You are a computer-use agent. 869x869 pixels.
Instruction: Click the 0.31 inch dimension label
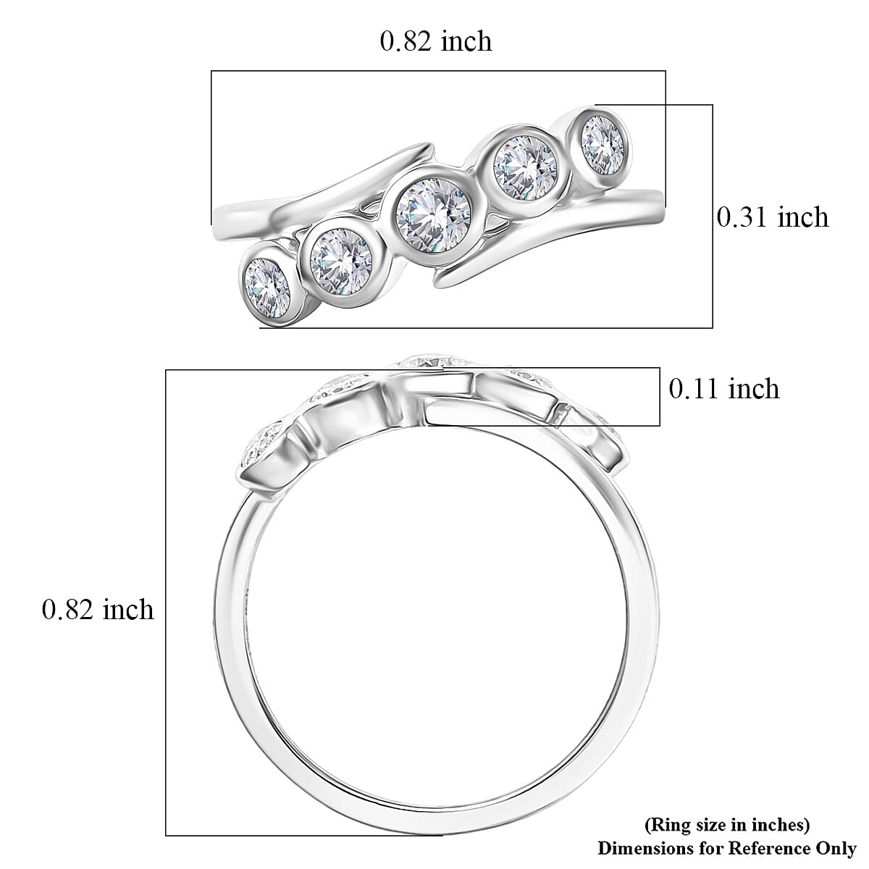772,217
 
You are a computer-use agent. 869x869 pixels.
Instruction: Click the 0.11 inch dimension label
723,389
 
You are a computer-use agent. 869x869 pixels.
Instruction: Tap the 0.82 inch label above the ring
436,41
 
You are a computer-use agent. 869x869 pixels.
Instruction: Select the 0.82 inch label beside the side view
98,610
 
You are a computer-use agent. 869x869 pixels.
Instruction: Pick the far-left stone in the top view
267,286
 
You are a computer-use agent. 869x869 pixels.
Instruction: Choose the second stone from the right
525,168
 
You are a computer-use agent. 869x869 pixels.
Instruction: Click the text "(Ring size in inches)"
726,824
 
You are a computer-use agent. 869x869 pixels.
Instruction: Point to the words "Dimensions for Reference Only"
726,847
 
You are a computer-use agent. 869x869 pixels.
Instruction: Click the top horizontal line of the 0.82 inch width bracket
438,71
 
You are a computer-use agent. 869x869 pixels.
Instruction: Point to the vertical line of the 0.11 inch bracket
660,398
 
